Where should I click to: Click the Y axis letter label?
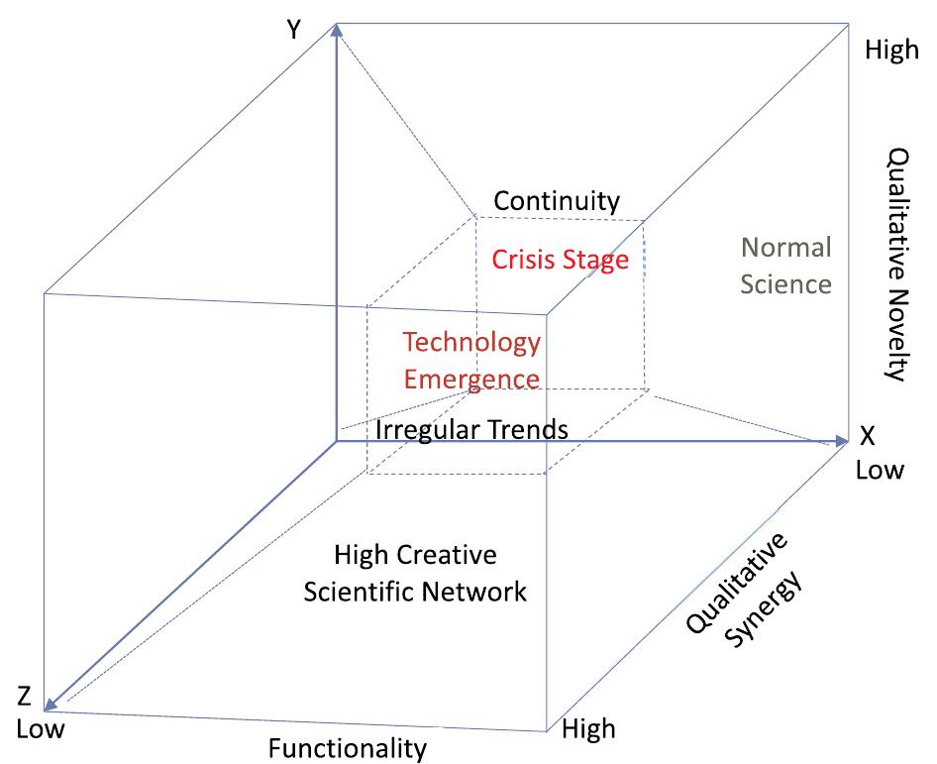click(x=293, y=30)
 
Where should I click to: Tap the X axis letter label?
click(x=867, y=437)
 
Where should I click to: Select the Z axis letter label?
click(x=25, y=697)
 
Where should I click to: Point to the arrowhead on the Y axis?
click(x=338, y=31)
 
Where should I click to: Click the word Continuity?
click(x=557, y=201)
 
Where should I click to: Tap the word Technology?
click(x=471, y=343)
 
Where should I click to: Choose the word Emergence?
click(x=471, y=379)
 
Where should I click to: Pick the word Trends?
click(x=535, y=430)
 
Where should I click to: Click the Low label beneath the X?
click(x=880, y=469)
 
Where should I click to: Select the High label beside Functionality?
click(x=588, y=729)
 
